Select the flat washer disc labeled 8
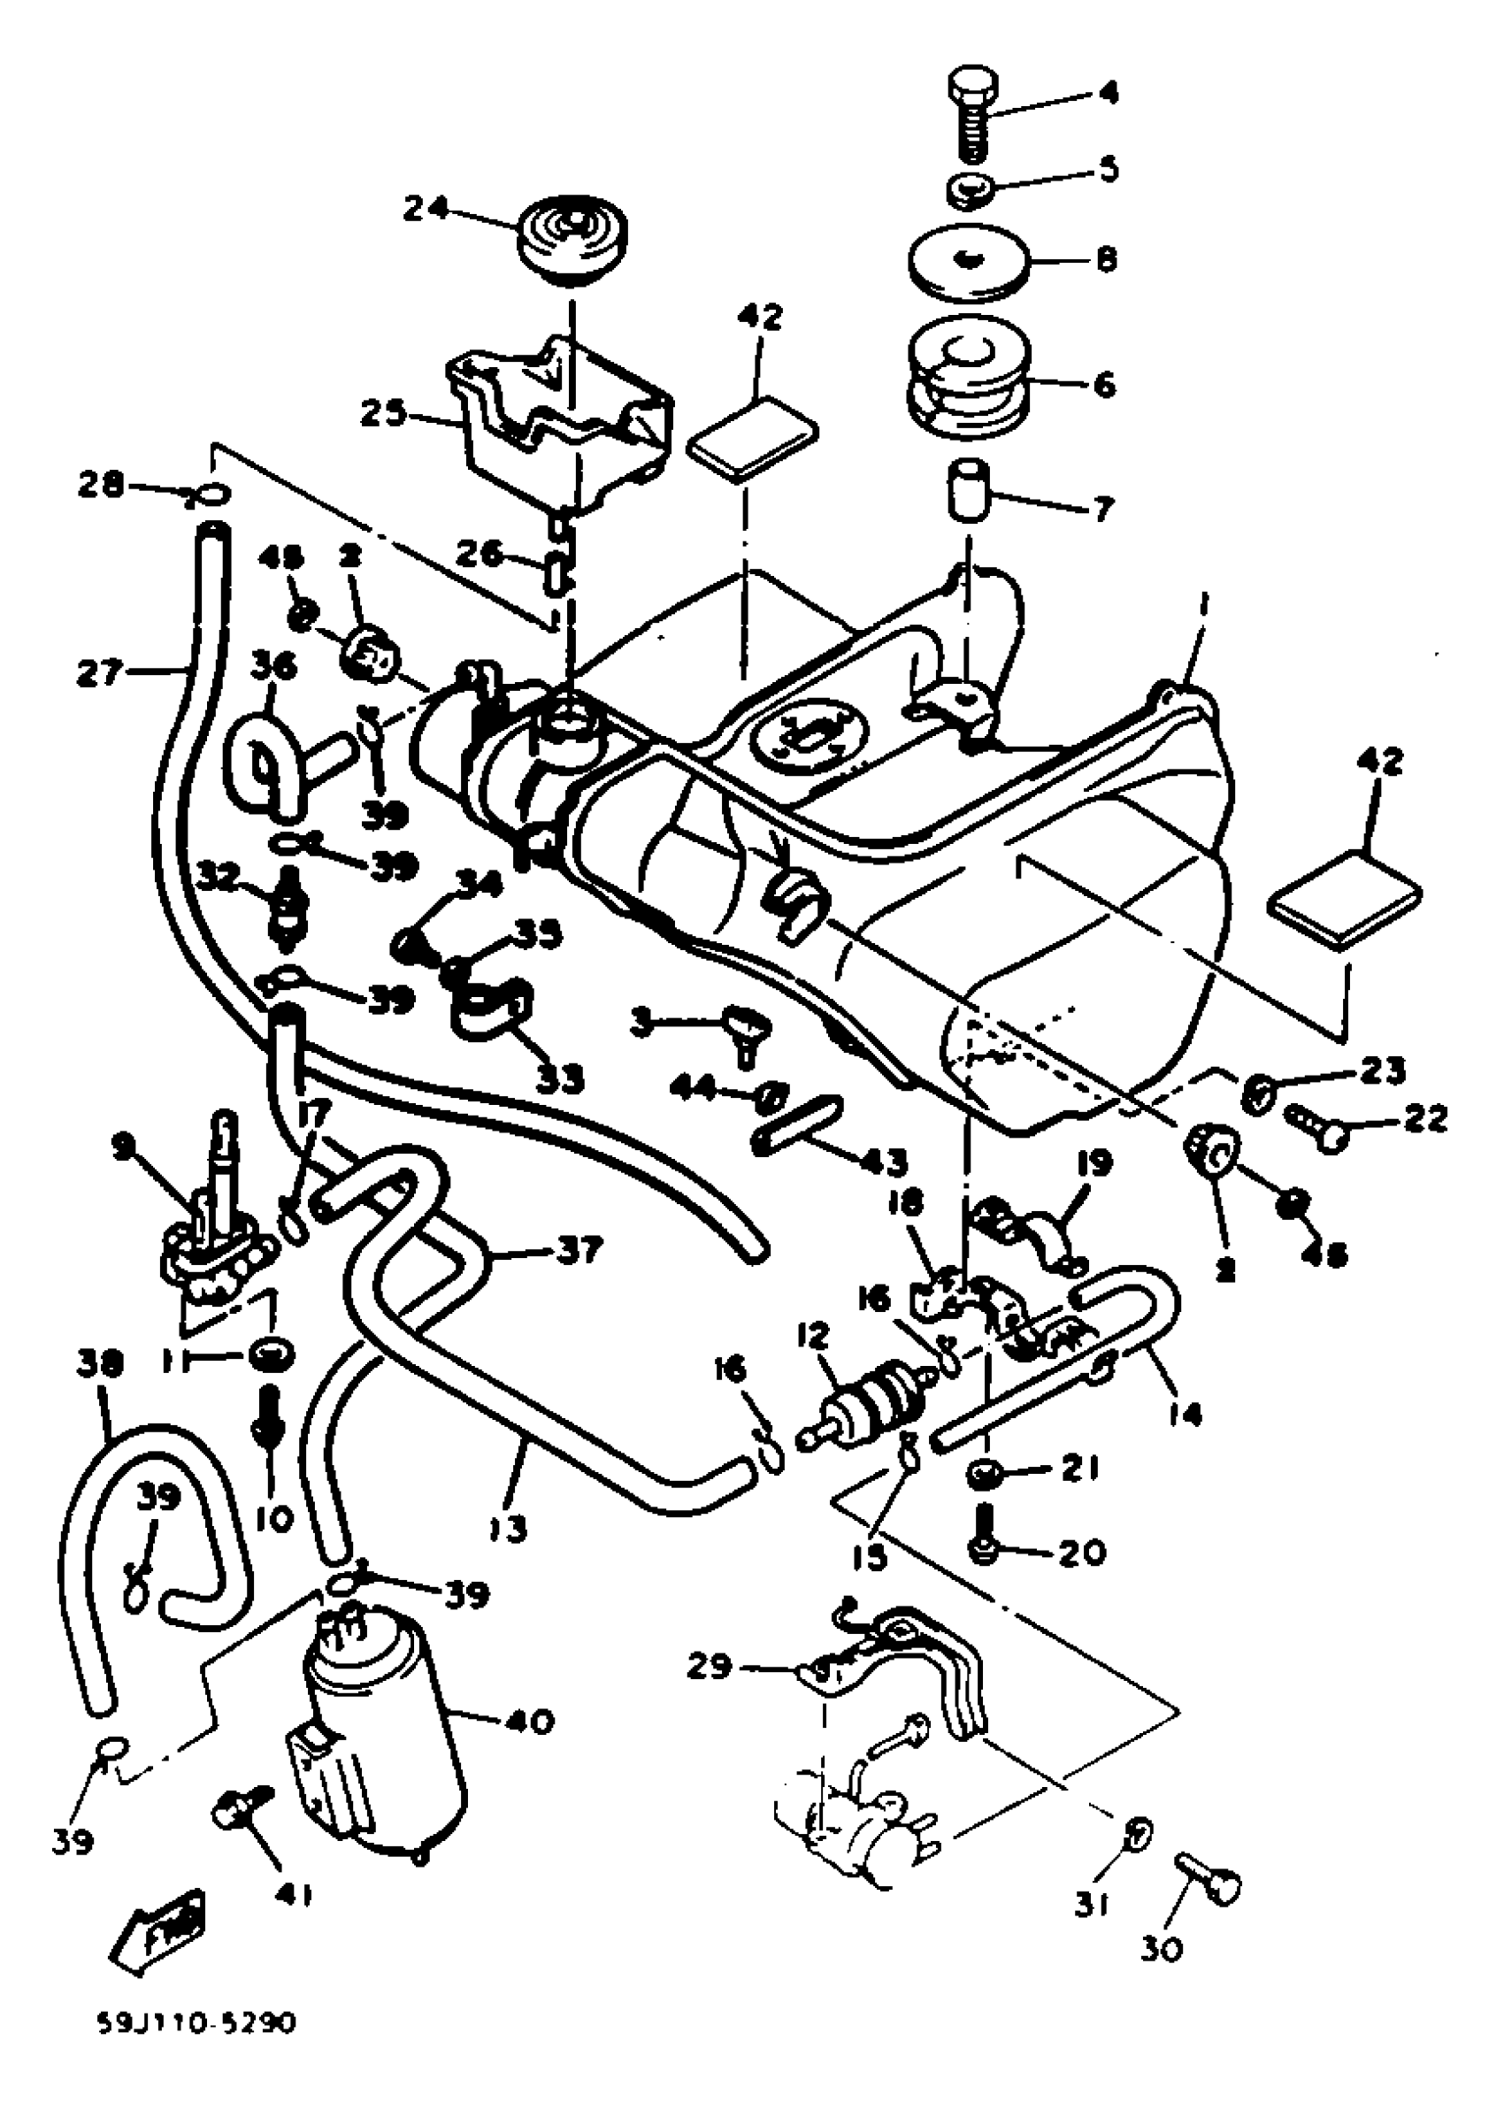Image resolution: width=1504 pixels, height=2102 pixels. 970,262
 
